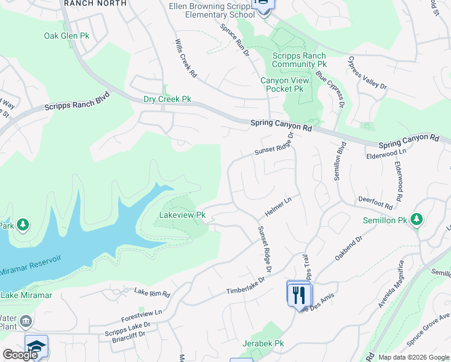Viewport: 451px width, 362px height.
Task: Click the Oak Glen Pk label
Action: coord(66,36)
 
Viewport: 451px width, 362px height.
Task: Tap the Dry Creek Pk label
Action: coord(167,99)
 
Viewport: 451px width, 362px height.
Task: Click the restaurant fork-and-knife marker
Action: coord(299,295)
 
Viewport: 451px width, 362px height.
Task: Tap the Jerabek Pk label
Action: coord(263,343)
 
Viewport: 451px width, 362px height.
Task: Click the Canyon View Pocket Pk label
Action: coord(282,84)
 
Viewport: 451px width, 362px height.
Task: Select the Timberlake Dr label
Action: coord(246,287)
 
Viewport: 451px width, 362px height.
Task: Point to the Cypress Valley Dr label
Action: coord(367,73)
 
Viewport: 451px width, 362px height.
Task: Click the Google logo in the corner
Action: coord(20,355)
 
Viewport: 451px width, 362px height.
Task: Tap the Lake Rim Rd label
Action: coord(152,293)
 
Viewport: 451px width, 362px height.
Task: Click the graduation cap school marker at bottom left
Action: coord(36,347)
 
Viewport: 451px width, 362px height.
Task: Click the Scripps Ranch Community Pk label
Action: coord(300,59)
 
